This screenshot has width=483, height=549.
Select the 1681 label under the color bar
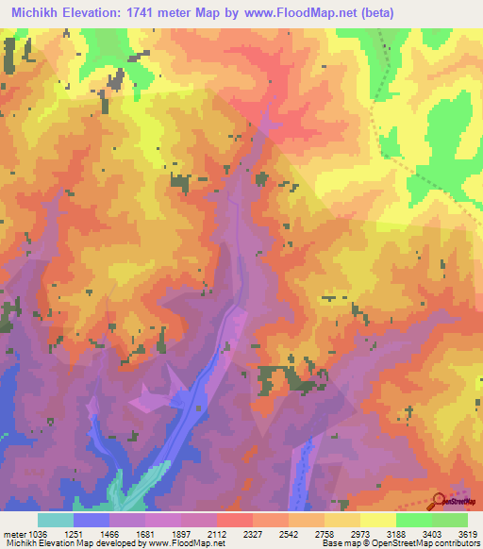(145, 533)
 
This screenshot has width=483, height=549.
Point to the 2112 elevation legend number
(217, 533)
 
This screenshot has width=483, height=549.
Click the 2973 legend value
(360, 533)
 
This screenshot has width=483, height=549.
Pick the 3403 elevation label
(432, 533)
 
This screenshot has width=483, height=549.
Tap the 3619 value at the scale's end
(467, 533)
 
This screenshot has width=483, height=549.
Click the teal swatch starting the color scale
(56, 520)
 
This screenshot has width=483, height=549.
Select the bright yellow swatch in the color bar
(377, 520)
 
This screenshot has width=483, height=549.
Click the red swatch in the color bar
(234, 520)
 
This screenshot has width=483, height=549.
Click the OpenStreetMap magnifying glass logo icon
(439, 500)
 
